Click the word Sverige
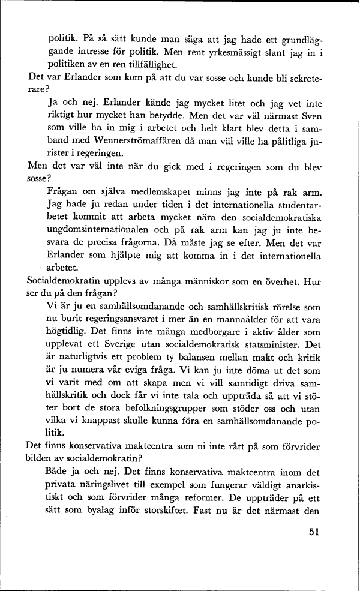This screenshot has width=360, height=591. click(x=137, y=346)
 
